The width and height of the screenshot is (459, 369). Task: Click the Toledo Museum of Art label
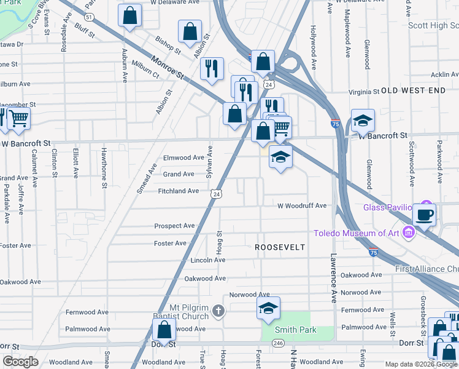(x=356, y=232)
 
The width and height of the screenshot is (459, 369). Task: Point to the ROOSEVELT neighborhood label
(x=280, y=247)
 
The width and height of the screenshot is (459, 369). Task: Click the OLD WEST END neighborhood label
(x=413, y=90)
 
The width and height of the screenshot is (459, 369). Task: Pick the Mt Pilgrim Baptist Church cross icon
(x=218, y=312)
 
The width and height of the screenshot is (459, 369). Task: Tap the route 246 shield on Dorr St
(x=278, y=343)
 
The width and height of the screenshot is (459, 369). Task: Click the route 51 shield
(x=90, y=17)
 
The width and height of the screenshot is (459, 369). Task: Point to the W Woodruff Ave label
(x=302, y=206)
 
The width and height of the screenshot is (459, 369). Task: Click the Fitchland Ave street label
(x=179, y=191)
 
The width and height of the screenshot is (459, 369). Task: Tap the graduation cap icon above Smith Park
(x=268, y=309)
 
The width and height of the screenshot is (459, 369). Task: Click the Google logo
(x=20, y=362)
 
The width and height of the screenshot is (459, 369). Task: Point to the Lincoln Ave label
(x=208, y=260)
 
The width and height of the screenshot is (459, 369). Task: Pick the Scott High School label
(x=433, y=25)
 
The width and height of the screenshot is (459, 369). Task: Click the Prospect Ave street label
(x=174, y=226)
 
